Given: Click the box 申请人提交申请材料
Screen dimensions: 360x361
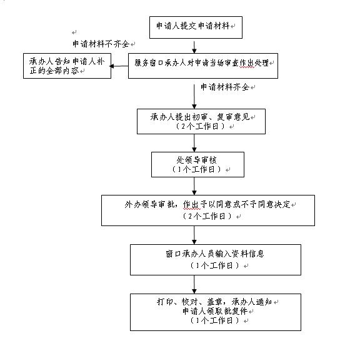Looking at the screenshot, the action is point(196,27).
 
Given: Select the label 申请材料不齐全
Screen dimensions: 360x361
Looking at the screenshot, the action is point(101,44).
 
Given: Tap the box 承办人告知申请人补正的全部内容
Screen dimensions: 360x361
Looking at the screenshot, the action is point(67,66).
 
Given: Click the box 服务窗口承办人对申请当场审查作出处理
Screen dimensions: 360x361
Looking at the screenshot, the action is point(203,66).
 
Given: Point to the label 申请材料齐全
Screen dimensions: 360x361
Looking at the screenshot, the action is point(225,87).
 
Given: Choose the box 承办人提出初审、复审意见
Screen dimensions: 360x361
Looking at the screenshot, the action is point(201,121).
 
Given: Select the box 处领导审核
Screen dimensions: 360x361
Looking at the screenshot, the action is point(197,164).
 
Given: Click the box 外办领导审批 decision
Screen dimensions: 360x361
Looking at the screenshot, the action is point(208,210).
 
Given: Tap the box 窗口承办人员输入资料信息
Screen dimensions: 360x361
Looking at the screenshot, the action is point(216,260).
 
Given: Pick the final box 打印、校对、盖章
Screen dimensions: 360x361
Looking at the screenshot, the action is point(216,312).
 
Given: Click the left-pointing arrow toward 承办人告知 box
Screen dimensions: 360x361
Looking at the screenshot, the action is point(119,66).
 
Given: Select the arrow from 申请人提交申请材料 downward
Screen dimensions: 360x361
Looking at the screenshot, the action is point(194,47).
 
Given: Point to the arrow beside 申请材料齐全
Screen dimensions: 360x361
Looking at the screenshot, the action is point(194,96).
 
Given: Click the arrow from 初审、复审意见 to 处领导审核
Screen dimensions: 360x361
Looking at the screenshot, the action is point(194,143).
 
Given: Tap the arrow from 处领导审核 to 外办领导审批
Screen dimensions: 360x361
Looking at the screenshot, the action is point(194,186).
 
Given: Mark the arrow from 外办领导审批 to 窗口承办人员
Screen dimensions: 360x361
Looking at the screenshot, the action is point(194,235).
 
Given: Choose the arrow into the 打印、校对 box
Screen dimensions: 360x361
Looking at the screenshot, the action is point(194,284).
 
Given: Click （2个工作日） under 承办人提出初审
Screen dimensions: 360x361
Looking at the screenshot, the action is point(200,126).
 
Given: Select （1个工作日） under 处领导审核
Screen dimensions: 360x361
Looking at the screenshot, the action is point(196,169).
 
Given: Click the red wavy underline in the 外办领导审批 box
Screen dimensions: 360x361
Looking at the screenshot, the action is point(192,209).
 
